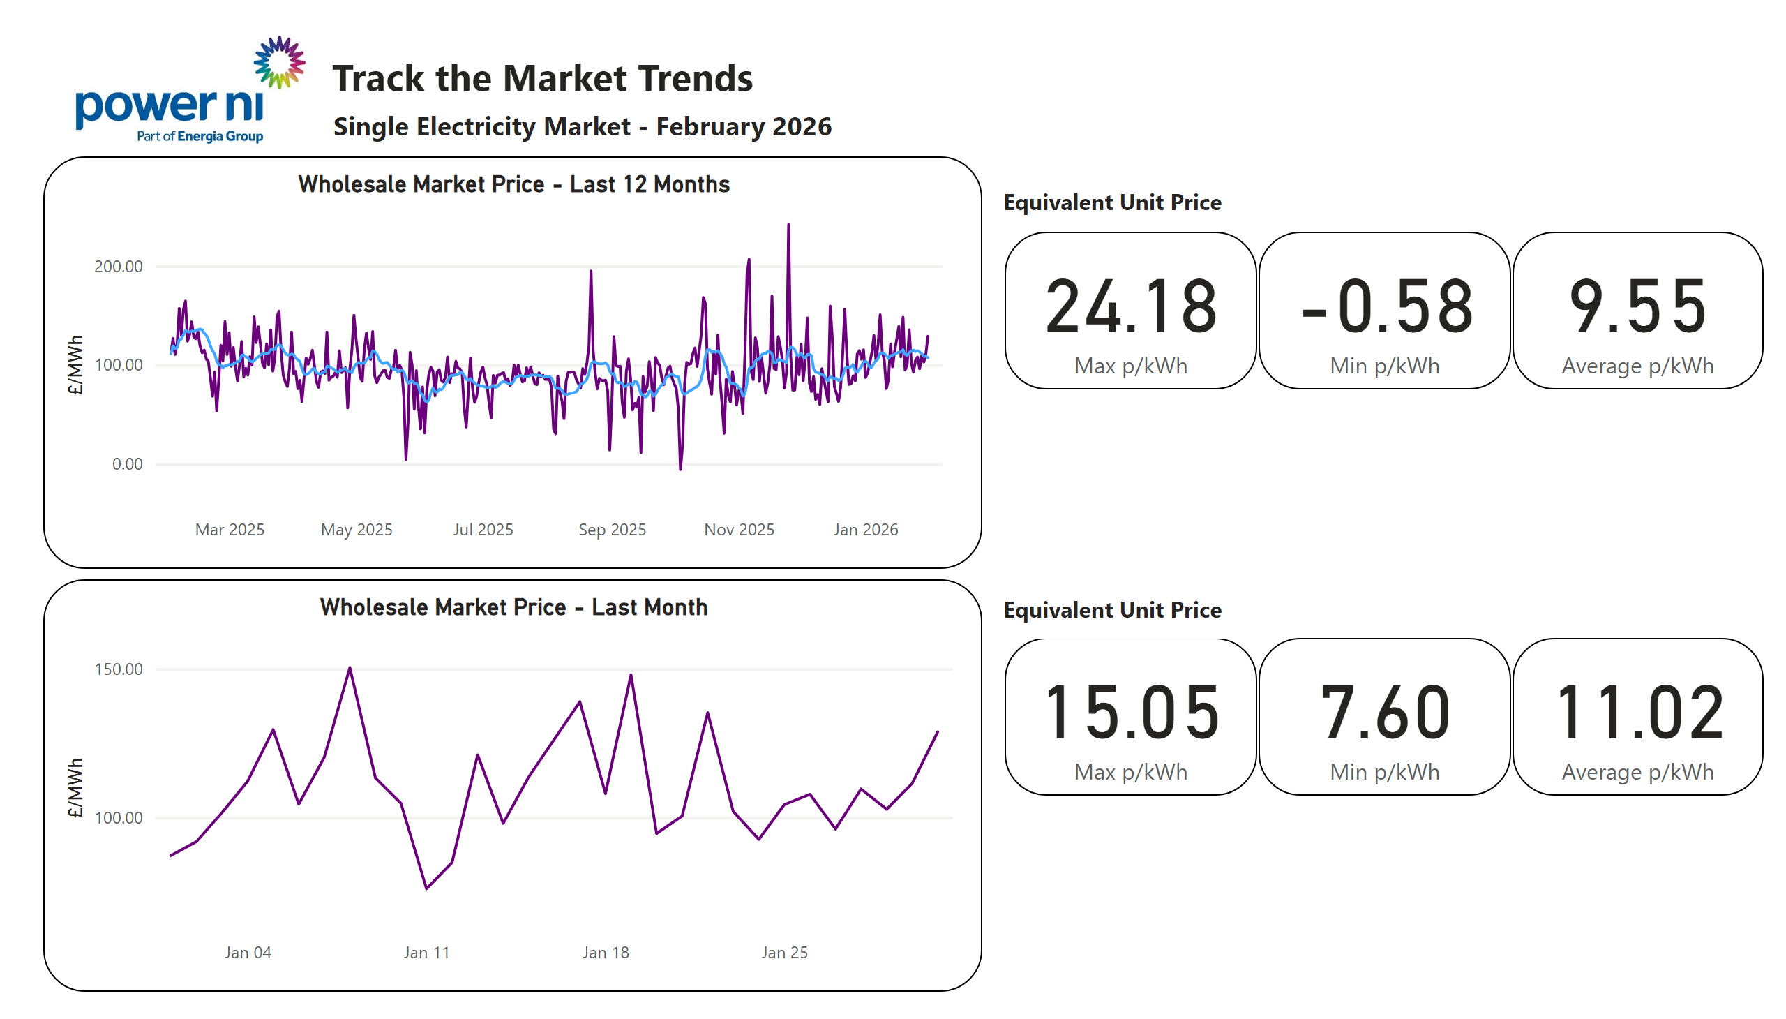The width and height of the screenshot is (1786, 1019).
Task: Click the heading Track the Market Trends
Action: [x=541, y=77]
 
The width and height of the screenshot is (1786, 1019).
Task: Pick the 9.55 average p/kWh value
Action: [x=1637, y=306]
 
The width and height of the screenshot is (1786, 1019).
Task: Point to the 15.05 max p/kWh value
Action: [x=1130, y=713]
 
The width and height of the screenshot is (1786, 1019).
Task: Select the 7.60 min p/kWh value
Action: [x=1384, y=713]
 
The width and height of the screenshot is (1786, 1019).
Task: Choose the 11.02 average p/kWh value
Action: [x=1637, y=713]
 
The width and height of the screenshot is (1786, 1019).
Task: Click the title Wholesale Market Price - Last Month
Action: [x=513, y=607]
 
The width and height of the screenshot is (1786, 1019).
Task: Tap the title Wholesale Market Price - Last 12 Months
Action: [x=513, y=184]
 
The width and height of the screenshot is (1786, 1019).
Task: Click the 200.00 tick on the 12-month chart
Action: [x=118, y=267]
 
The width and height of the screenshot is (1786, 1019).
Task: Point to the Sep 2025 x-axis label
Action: [x=611, y=530]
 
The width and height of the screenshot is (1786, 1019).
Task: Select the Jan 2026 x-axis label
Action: [x=864, y=530]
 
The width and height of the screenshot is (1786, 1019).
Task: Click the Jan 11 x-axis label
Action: [x=426, y=953]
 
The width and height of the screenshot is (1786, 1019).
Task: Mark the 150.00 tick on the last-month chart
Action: [x=118, y=669]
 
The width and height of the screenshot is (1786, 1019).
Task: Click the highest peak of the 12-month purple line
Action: [x=788, y=226]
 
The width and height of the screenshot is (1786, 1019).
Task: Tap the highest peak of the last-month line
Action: [x=350, y=669]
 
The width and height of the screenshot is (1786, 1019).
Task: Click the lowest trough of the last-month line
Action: [x=426, y=888]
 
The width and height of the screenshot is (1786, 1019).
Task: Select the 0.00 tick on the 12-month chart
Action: [x=126, y=464]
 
